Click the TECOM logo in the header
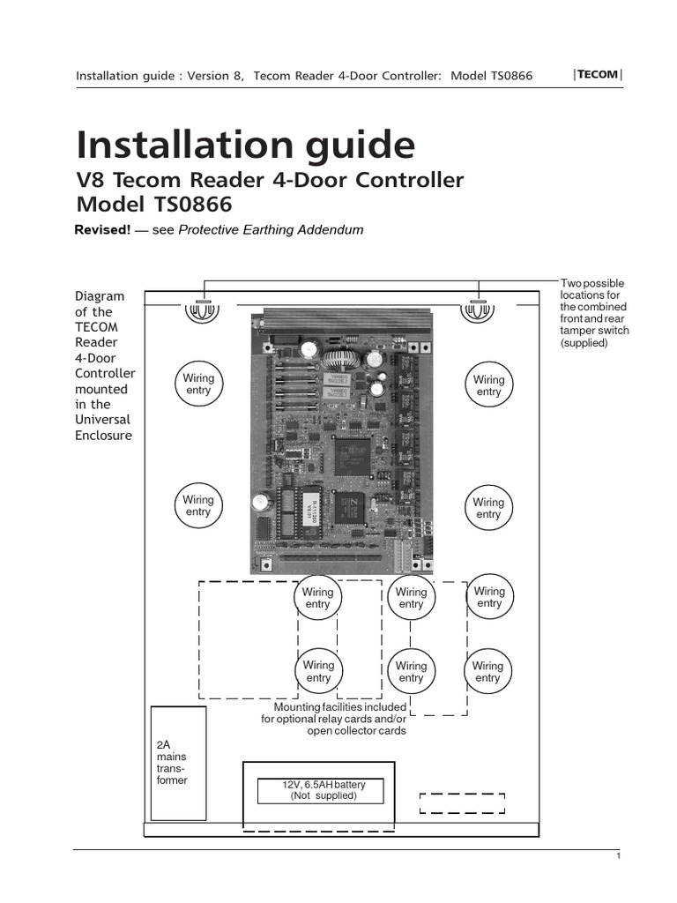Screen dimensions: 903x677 (598, 75)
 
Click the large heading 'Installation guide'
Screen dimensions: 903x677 (245, 143)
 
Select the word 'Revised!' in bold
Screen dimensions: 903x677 (102, 230)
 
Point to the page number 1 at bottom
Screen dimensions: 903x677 (619, 856)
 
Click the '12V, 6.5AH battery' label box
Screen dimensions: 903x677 (320, 790)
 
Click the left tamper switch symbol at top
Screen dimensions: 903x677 (202, 310)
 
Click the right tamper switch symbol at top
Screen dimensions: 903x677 (479, 310)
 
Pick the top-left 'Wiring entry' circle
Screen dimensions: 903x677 (198, 384)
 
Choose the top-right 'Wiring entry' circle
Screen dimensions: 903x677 (488, 385)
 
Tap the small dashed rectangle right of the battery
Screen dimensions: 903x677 (462, 802)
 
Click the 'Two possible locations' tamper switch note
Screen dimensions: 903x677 (594, 312)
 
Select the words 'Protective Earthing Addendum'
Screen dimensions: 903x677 (271, 230)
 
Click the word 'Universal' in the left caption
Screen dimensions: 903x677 (101, 420)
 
